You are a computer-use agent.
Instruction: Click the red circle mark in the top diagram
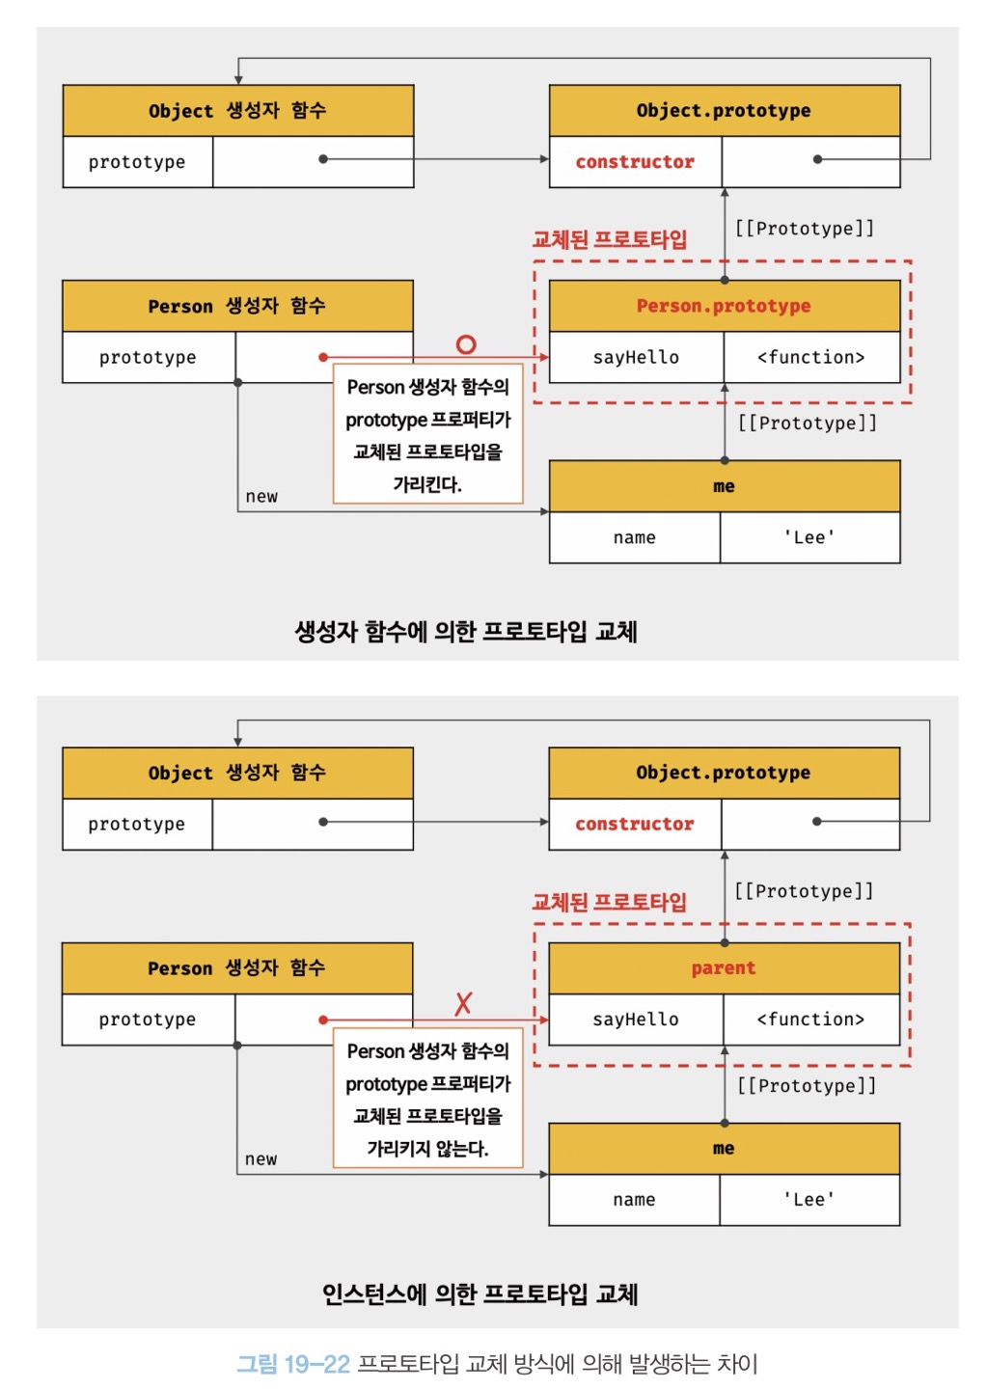point(466,344)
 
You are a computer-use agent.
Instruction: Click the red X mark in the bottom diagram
point(463,1003)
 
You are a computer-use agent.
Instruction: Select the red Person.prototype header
point(724,306)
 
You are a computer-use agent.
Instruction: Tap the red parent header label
point(724,967)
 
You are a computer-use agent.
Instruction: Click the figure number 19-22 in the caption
point(316,1364)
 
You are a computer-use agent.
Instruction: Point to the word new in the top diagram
point(261,496)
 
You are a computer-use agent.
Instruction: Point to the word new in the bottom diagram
point(260,1158)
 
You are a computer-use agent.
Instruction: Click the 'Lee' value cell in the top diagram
point(809,537)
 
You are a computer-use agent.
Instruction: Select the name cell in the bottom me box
point(634,1200)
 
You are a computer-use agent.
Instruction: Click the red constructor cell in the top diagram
point(635,162)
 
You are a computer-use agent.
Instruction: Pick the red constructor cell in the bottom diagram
point(635,824)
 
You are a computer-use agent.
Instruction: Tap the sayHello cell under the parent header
point(636,1020)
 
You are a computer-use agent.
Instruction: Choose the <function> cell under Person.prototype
point(810,357)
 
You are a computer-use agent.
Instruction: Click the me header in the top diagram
point(724,486)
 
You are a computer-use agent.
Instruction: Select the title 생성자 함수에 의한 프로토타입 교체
point(466,632)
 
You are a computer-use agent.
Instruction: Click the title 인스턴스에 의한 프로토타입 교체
point(480,1294)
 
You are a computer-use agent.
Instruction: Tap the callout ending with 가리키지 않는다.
point(427,1100)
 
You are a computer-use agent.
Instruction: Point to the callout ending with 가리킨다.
point(427,434)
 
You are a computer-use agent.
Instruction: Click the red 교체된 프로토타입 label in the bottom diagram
point(610,902)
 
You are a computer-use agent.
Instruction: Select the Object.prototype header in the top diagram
point(724,111)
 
